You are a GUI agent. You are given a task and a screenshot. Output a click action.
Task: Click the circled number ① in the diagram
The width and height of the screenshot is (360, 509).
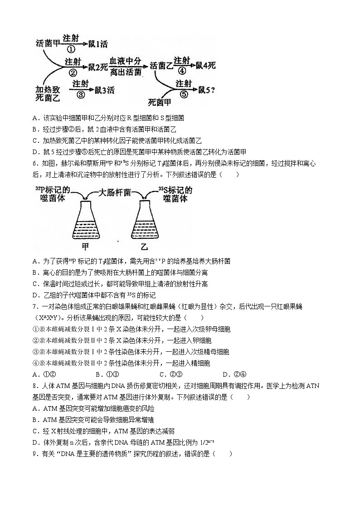click(x=71, y=49)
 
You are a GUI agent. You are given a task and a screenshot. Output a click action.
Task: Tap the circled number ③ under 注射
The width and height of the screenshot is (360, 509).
click(x=81, y=94)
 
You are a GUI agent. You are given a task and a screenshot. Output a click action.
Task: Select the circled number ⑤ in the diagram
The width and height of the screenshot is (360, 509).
click(x=183, y=94)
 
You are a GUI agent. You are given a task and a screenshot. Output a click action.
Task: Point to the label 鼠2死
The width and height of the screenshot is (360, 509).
click(x=97, y=68)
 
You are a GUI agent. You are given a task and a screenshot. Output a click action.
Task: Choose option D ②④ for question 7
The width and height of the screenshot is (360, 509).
click(x=234, y=374)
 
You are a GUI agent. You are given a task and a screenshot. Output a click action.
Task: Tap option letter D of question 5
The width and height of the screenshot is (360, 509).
click(x=35, y=151)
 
